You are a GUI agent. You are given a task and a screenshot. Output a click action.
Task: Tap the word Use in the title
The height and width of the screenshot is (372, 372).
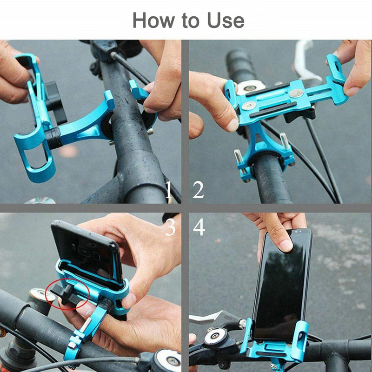pyautogui.click(x=226, y=20)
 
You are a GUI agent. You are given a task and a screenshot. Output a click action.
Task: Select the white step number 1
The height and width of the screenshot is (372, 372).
pyautogui.click(x=169, y=190)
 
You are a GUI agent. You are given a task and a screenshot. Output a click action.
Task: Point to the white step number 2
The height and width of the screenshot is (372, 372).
pyautogui.click(x=199, y=190)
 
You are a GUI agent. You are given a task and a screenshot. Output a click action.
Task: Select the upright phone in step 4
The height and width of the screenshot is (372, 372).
pyautogui.click(x=280, y=284)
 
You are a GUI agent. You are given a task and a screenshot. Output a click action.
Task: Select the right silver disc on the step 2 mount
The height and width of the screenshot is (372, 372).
pyautogui.click(x=294, y=94)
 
